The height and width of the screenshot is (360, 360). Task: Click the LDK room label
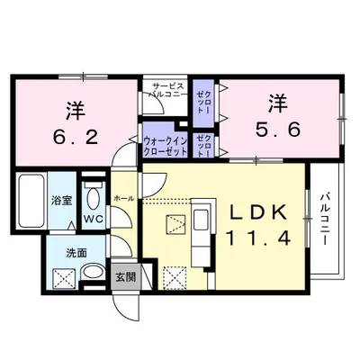[x=256, y=212]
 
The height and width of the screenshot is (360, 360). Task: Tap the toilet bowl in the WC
[x=91, y=198]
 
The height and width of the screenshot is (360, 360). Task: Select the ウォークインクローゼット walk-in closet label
[x=166, y=144]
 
